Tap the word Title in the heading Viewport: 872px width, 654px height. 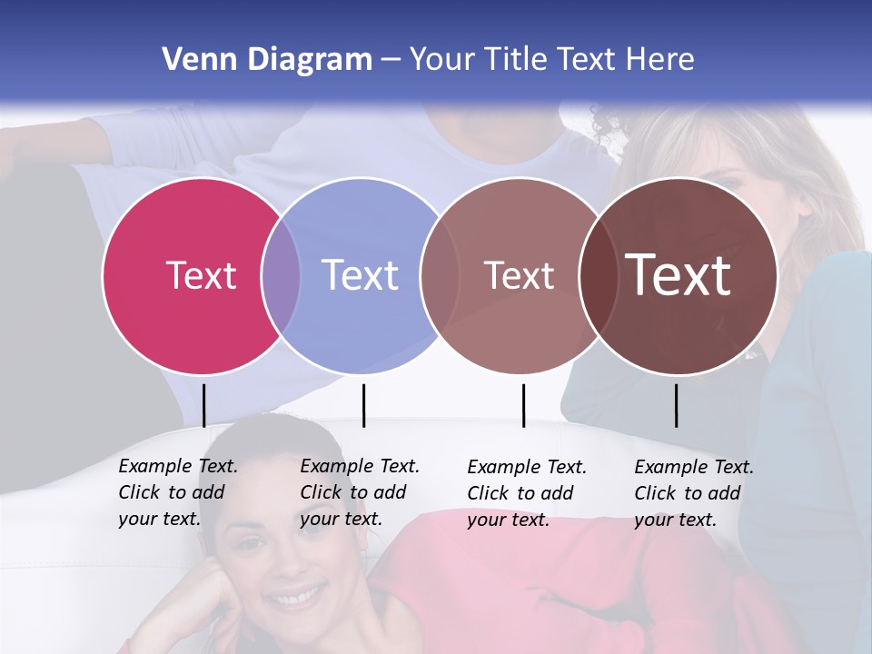tap(520, 60)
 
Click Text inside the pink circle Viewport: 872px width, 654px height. tap(201, 275)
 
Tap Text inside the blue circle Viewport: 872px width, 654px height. tap(361, 275)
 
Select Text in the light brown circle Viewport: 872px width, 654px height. tap(520, 275)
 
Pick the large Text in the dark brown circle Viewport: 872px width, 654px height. tap(679, 275)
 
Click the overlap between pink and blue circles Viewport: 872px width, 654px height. tap(281, 275)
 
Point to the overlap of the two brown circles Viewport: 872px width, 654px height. tap(599, 275)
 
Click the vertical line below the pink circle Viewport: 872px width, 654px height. tap(203, 405)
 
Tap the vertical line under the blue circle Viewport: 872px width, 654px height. tap(363, 405)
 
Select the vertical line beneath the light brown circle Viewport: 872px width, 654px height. tap(523, 405)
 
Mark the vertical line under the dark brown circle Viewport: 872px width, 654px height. tap(676, 405)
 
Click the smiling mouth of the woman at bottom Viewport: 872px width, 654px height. tap(296, 598)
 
